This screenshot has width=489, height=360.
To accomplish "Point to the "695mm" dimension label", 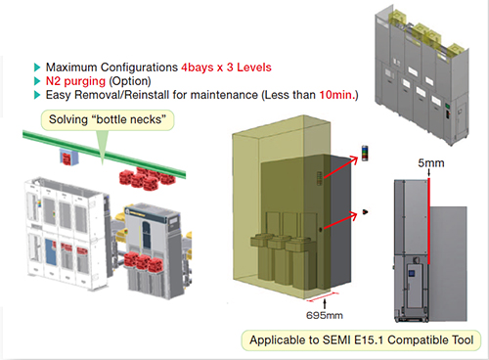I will tap(314, 316).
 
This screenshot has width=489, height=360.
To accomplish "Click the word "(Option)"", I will tap(131, 80).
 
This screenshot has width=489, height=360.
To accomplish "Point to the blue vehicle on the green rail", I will tap(68, 157).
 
